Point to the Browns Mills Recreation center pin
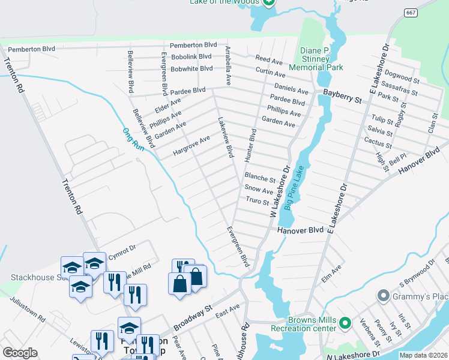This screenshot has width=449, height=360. [x=345, y=323]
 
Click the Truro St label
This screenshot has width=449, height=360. [x=257, y=202]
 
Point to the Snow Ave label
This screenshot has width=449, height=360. [x=259, y=190]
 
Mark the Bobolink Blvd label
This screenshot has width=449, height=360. [x=191, y=56]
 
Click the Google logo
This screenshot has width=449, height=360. [x=20, y=353]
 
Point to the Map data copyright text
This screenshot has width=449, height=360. [x=423, y=355]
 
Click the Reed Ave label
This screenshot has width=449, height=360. [x=268, y=60]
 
